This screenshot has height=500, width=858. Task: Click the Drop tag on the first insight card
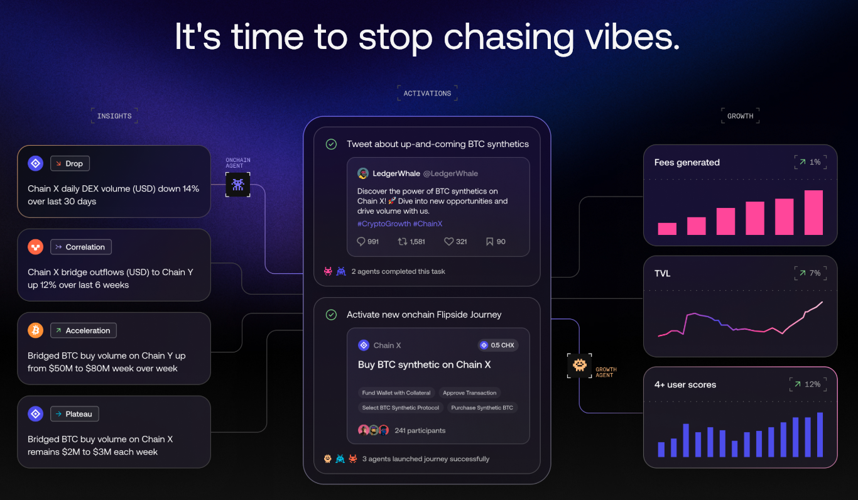tap(70, 163)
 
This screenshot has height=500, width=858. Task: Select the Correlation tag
tap(81, 247)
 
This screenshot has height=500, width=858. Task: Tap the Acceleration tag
tap(84, 330)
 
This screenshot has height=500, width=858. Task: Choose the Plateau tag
tap(75, 414)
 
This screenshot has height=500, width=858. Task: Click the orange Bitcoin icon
tap(36, 330)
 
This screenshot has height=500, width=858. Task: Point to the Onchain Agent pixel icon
tap(238, 185)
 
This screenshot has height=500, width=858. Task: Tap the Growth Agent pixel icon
tap(580, 365)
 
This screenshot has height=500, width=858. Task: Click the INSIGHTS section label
tap(114, 116)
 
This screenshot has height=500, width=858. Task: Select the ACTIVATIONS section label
tap(428, 94)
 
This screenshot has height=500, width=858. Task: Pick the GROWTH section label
tap(741, 116)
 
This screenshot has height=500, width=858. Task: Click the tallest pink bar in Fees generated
tap(813, 213)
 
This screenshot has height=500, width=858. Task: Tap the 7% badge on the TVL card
tap(810, 273)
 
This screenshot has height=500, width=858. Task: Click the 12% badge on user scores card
tap(808, 384)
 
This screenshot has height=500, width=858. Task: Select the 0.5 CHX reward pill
tap(498, 345)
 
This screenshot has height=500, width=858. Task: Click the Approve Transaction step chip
tap(470, 393)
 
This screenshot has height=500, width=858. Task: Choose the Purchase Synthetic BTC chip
tap(482, 408)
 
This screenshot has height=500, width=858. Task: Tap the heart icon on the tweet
tap(448, 242)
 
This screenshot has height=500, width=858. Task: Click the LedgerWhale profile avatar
tap(363, 173)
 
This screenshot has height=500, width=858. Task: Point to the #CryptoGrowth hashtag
tap(384, 224)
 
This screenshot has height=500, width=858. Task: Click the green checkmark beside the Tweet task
tap(331, 144)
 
